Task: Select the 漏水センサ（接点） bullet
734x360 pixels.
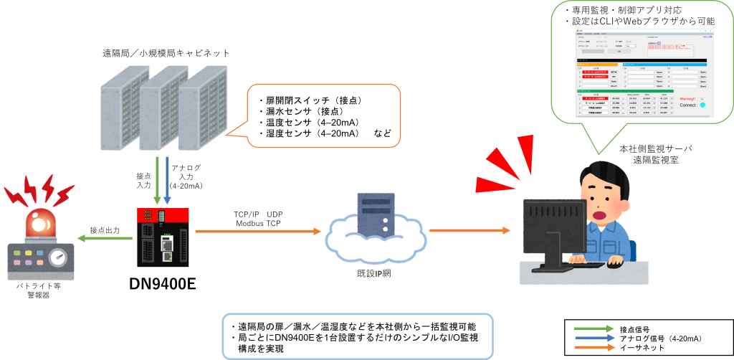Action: click(x=300, y=111)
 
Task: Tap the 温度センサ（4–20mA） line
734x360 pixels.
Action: click(x=309, y=123)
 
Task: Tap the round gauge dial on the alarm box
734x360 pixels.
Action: click(x=59, y=259)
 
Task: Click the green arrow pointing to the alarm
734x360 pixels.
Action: click(x=104, y=238)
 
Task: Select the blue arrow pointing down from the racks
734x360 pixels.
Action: click(x=167, y=180)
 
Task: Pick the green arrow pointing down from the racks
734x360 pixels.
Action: click(x=157, y=180)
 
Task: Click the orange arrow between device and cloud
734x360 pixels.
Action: click(x=258, y=231)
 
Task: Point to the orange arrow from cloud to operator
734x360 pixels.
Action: click(x=470, y=231)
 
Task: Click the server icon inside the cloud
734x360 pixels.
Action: click(x=376, y=216)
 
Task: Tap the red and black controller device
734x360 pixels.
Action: click(x=163, y=237)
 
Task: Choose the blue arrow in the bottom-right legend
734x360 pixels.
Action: click(x=594, y=338)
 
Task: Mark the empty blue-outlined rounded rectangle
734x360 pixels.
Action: click(x=358, y=336)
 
